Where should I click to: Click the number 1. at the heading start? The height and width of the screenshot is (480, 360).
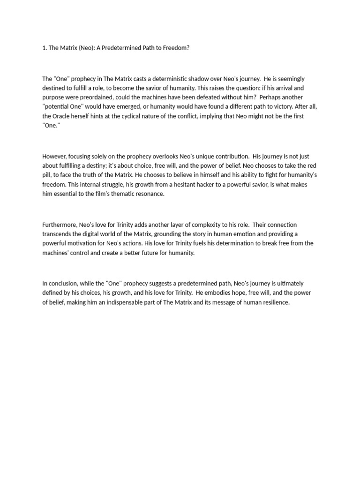click(45, 48)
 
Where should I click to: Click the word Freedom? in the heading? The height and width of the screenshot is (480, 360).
click(175, 48)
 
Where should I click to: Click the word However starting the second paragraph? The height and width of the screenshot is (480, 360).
click(55, 157)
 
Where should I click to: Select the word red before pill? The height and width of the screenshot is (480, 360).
click(311, 166)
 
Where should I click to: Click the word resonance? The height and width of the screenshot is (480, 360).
click(150, 194)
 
